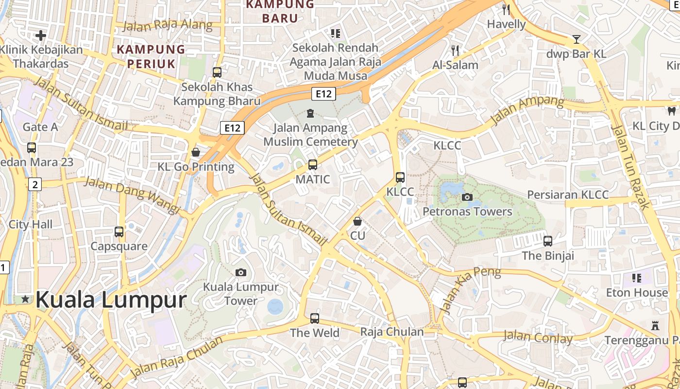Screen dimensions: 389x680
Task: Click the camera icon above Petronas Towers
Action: click(x=467, y=197)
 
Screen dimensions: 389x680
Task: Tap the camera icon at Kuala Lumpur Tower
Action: click(x=240, y=272)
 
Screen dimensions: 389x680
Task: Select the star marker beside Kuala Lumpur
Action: click(x=25, y=299)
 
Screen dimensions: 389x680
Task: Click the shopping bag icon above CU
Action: click(x=357, y=222)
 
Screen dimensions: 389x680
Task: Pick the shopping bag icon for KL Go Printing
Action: click(x=196, y=153)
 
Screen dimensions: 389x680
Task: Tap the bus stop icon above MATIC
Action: click(x=313, y=165)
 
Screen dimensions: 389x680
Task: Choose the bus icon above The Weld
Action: click(x=315, y=318)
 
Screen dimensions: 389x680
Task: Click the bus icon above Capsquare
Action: click(x=119, y=232)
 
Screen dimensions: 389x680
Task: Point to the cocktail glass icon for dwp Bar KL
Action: click(x=577, y=39)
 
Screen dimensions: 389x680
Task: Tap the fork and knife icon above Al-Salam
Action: click(x=455, y=50)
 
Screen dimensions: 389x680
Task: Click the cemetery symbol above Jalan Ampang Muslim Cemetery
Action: click(x=310, y=114)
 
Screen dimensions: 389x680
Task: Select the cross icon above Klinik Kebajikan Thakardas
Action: click(x=41, y=35)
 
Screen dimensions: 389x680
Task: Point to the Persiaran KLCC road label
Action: click(x=568, y=195)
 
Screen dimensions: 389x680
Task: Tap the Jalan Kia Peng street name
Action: click(x=470, y=290)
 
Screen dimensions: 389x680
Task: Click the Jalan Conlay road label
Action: click(x=538, y=337)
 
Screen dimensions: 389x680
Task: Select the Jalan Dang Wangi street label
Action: click(x=132, y=194)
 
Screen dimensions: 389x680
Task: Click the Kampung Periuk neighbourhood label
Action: click(x=151, y=56)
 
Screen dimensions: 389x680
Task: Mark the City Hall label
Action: click(x=31, y=225)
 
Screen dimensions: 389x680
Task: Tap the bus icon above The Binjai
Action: click(x=548, y=241)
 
